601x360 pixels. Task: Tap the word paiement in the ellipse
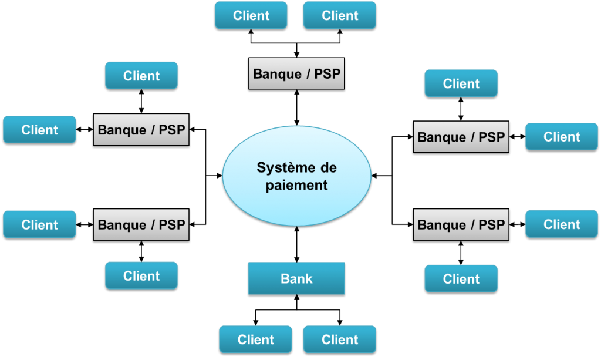click(x=296, y=186)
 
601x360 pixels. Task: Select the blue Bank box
click(x=296, y=278)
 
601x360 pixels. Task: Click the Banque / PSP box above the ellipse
click(x=296, y=74)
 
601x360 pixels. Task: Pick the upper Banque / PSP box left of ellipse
click(x=141, y=130)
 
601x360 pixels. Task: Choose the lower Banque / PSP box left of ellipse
click(x=141, y=224)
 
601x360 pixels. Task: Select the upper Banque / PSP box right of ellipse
click(x=461, y=137)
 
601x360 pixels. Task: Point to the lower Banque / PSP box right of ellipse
click(x=461, y=224)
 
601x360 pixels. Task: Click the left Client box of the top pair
click(x=251, y=15)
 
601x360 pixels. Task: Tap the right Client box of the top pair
click(x=339, y=15)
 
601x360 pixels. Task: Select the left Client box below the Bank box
click(x=255, y=339)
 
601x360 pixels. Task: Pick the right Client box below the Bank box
click(x=339, y=339)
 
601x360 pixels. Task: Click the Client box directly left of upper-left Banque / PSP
click(x=39, y=130)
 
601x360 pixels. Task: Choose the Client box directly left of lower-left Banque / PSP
click(x=39, y=224)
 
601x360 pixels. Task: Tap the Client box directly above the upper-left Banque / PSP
click(x=141, y=76)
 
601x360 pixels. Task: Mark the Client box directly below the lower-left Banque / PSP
click(x=141, y=275)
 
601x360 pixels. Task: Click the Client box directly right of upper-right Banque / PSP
click(x=561, y=137)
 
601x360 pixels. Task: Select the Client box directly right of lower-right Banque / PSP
click(x=561, y=224)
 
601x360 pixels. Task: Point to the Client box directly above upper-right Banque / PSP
click(x=461, y=83)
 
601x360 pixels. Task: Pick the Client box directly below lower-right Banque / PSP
click(x=461, y=278)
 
